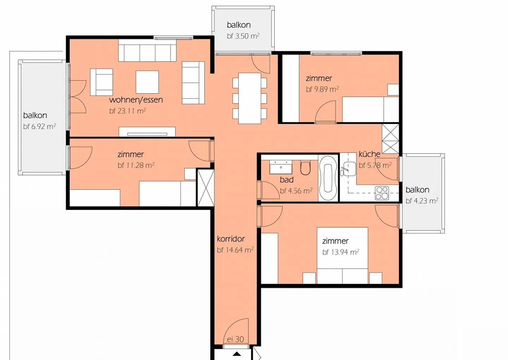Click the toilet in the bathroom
305,168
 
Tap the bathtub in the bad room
328,178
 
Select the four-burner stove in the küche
382,193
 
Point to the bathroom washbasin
281,167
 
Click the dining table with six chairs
249,98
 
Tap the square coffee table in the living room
147,82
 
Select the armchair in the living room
102,82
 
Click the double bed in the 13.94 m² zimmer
343,256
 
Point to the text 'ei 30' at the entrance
235,339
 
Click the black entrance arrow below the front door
237,354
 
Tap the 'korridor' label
231,239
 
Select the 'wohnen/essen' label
136,100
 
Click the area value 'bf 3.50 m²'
243,36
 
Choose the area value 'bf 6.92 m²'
40,126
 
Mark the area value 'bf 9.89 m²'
322,89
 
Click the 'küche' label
369,154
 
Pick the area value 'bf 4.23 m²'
422,201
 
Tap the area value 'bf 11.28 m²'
136,165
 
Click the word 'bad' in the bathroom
287,180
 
